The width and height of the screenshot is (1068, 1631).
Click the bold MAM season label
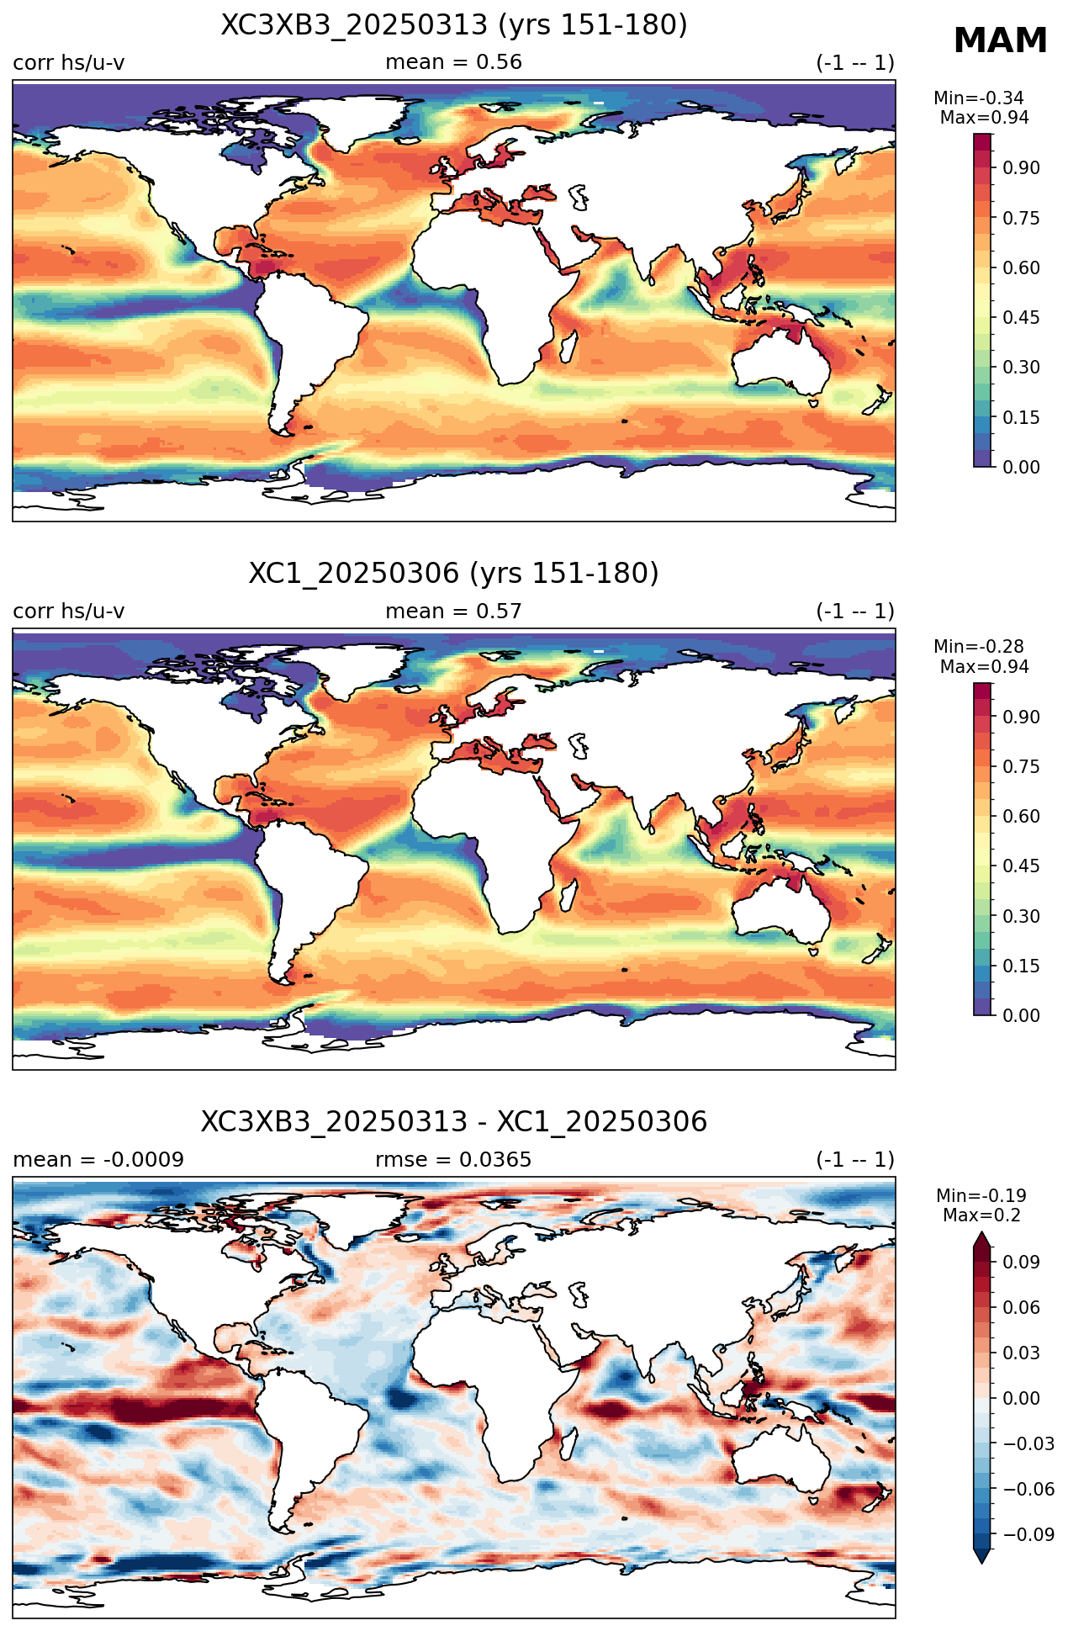click(1000, 40)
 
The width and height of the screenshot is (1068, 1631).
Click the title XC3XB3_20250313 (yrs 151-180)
click(454, 25)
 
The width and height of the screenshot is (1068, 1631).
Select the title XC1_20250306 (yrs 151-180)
click(454, 574)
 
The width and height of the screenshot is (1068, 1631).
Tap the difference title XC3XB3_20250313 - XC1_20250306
click(454, 1122)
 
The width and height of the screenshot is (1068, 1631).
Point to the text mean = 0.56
click(454, 62)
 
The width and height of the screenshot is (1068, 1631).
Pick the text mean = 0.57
click(454, 611)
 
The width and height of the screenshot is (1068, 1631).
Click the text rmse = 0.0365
click(454, 1160)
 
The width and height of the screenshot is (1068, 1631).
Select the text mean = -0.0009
click(98, 1160)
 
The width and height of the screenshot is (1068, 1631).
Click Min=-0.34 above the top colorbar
click(979, 98)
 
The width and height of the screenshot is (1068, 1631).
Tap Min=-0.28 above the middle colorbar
click(979, 647)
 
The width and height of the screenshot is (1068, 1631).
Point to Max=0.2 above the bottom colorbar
click(981, 1215)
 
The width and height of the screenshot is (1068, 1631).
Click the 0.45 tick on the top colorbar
click(1021, 317)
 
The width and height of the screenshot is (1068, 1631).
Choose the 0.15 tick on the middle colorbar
click(1021, 966)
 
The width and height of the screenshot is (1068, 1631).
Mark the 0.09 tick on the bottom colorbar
click(1021, 1262)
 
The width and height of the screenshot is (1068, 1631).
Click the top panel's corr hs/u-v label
click(69, 62)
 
